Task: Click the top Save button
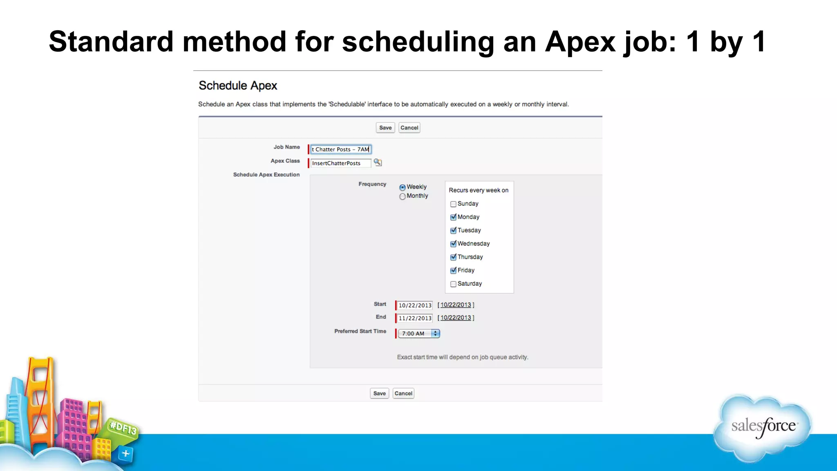click(x=385, y=128)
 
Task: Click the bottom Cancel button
click(x=403, y=394)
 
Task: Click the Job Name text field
click(x=340, y=150)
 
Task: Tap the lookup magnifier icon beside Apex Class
click(x=378, y=163)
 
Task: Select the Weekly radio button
click(x=403, y=188)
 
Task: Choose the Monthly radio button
click(x=403, y=197)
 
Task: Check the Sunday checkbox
click(x=453, y=204)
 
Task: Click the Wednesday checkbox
click(x=453, y=244)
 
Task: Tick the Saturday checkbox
click(x=453, y=284)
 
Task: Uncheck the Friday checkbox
click(x=453, y=271)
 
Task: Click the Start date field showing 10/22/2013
click(x=414, y=305)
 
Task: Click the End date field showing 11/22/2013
click(x=414, y=318)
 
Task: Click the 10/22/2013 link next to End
click(x=456, y=318)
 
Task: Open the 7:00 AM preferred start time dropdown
click(x=419, y=334)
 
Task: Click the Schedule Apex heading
click(x=237, y=86)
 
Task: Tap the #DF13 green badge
click(x=123, y=428)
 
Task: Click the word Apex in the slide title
click(x=580, y=42)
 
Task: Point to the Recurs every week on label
click(x=478, y=191)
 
